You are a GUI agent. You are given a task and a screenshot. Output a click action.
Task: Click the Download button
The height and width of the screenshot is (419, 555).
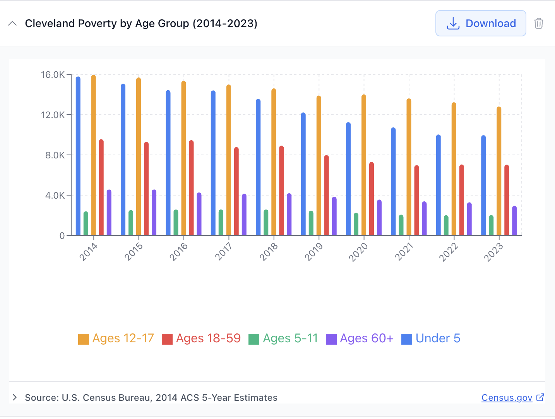pos(481,23)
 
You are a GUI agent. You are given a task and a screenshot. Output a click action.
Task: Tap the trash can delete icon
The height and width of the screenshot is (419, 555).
pos(538,23)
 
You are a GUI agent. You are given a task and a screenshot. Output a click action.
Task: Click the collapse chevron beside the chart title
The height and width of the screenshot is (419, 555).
pos(12,23)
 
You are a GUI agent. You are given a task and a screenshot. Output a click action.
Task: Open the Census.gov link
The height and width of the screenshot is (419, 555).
pos(507,398)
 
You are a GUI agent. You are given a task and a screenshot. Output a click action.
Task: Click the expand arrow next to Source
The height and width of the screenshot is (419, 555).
pos(15,397)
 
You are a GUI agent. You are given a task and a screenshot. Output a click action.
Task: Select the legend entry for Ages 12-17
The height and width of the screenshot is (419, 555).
pos(116,338)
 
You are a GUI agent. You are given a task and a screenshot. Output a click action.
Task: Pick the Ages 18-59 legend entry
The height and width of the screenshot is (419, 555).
pos(201,338)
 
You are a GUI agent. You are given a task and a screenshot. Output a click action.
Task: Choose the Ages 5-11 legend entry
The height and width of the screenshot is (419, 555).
pos(283,338)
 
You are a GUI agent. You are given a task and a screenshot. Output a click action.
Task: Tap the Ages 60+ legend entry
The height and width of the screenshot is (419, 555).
pos(360,338)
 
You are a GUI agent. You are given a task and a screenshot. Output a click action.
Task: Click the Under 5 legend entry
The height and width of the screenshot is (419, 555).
pos(431,338)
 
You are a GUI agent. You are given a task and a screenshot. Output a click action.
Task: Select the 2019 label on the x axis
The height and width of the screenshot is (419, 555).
pos(313,252)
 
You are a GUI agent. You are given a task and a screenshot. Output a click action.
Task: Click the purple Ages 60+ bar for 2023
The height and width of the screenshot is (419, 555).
pos(514,222)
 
